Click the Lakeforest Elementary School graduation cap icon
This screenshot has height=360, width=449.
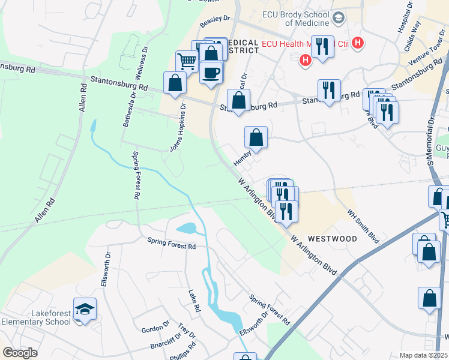[85, 310]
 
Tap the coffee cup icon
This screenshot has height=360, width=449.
[210, 73]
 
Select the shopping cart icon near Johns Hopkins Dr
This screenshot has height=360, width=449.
[187, 61]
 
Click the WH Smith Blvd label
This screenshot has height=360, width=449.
[363, 226]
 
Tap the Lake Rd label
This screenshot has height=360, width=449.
[194, 301]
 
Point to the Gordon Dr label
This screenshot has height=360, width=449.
[155, 329]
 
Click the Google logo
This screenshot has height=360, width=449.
[20, 353]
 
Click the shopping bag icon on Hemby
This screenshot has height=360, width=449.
[256, 137]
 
